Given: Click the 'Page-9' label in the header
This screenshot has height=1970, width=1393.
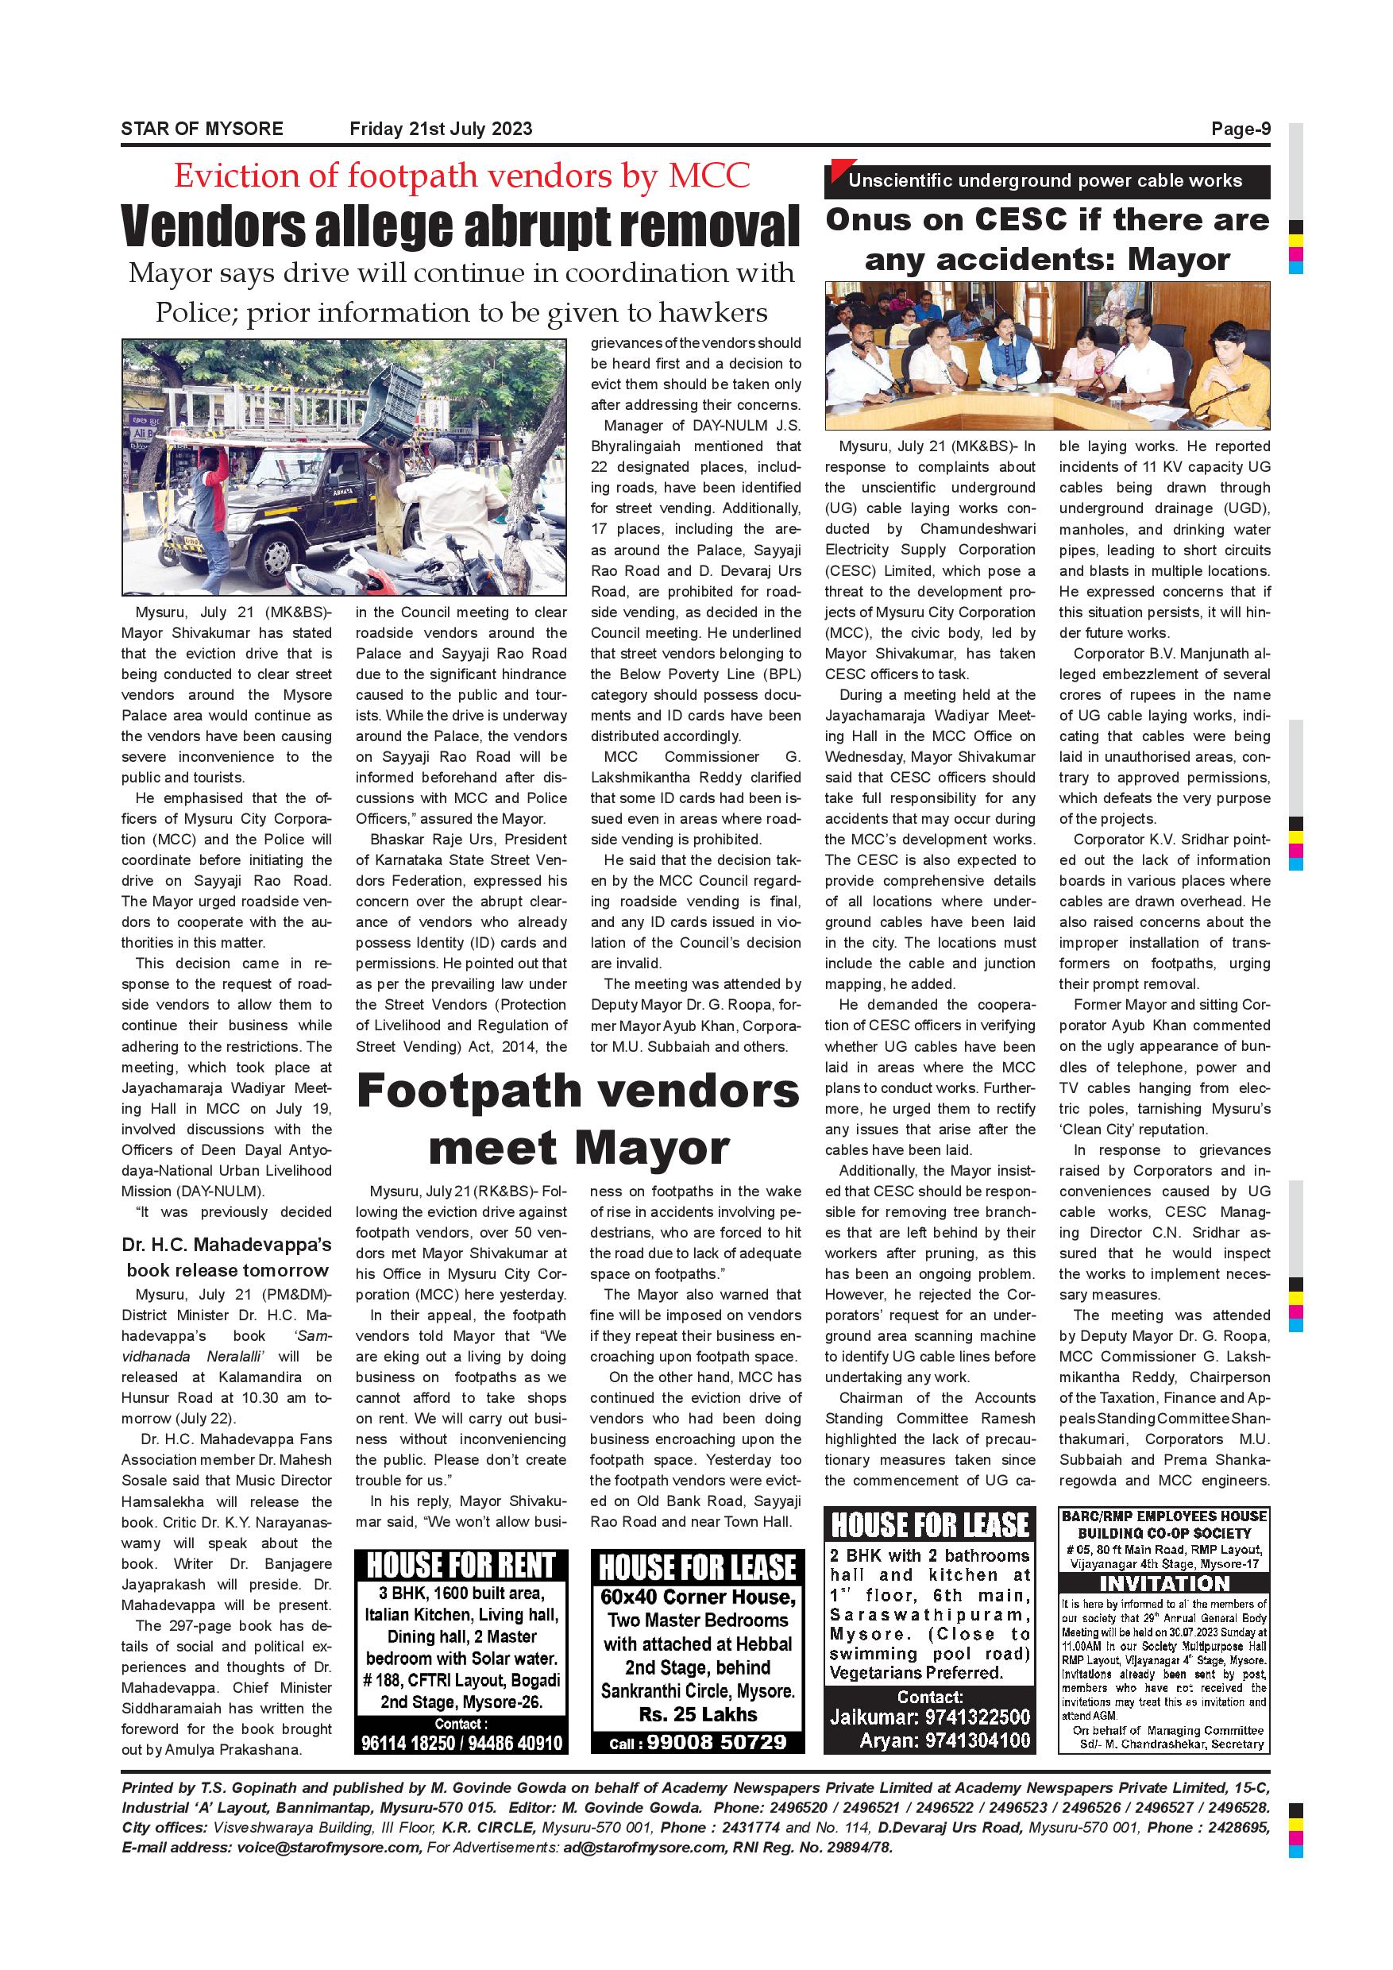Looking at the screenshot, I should (x=1240, y=129).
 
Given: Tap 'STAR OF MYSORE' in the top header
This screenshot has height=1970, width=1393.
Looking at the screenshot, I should (x=202, y=129).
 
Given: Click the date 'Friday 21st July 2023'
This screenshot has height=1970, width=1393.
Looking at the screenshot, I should (x=441, y=129).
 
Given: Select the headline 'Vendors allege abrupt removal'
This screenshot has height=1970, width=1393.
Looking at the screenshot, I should (x=461, y=225).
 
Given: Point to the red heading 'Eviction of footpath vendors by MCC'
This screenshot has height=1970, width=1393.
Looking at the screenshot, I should (x=461, y=176).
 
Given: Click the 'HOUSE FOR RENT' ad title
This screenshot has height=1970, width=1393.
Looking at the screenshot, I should (x=461, y=1566).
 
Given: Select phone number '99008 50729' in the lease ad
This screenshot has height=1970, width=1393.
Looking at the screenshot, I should (x=716, y=1742).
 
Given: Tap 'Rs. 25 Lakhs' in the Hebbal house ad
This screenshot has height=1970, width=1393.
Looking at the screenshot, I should (x=697, y=1714).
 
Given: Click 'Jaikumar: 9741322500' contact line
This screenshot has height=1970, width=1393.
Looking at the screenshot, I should (x=930, y=1717).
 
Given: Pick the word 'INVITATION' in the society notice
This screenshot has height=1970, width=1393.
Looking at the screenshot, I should (x=1164, y=1584).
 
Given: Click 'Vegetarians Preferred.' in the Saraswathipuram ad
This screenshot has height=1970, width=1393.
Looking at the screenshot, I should (x=915, y=1673).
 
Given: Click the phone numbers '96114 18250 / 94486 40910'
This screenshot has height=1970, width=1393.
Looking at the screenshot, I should (x=461, y=1743).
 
